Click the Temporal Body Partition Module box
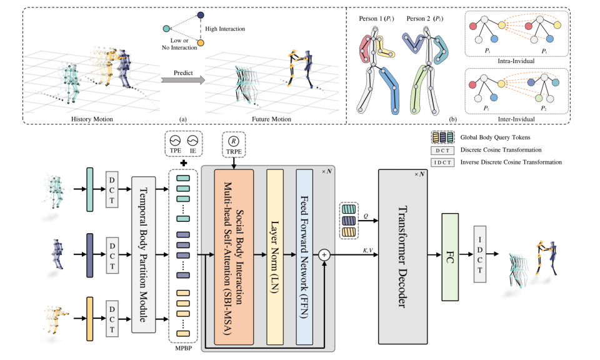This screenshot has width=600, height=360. point(144,254)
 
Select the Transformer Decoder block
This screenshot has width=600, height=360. point(402,257)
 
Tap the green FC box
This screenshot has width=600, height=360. point(450,257)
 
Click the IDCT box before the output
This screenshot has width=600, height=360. point(480,254)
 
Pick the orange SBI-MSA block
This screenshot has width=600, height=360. point(234,257)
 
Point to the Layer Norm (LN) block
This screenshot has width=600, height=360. point(275,257)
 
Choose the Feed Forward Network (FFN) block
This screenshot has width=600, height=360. point(304,257)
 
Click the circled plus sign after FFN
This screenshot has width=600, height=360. point(324,255)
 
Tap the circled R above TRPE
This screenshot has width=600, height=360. point(233,141)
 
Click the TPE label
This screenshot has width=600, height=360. point(175,151)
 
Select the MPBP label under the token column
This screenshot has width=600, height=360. point(183,348)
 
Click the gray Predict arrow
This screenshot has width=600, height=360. point(183,80)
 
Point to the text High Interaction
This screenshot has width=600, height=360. point(225,29)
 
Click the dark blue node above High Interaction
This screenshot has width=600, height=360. point(201,15)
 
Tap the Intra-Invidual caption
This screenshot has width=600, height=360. point(516,61)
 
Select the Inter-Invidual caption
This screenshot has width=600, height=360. point(516,119)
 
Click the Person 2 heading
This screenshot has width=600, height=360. point(425,19)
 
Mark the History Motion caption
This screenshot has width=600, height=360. point(92,119)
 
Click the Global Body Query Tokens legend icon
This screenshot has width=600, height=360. point(442,137)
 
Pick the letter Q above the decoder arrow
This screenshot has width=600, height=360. point(366,216)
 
